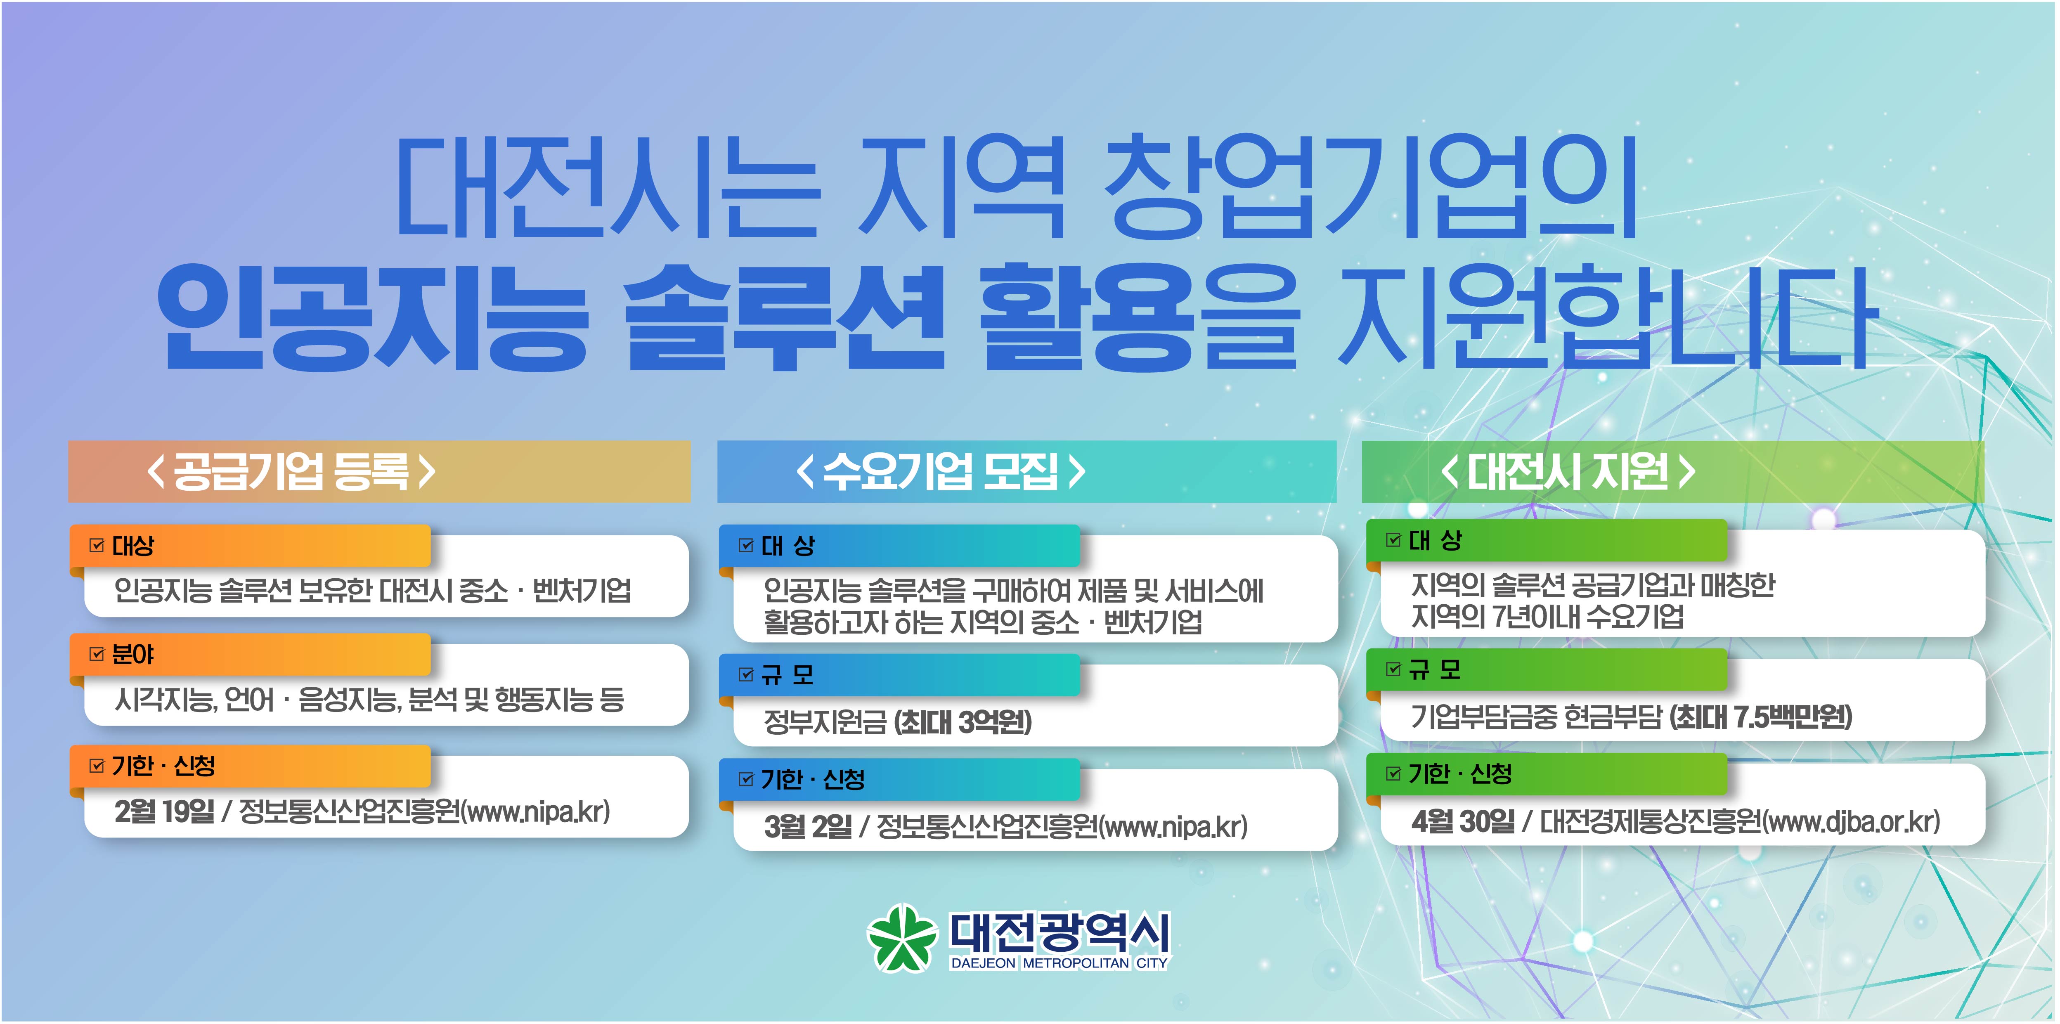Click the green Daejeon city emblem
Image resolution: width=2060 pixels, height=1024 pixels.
[x=902, y=938]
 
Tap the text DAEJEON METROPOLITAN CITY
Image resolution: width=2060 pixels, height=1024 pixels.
[x=1059, y=963]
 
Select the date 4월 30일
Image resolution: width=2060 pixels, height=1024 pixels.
[x=1463, y=821]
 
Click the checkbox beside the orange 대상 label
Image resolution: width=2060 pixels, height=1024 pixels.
[x=97, y=546]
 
